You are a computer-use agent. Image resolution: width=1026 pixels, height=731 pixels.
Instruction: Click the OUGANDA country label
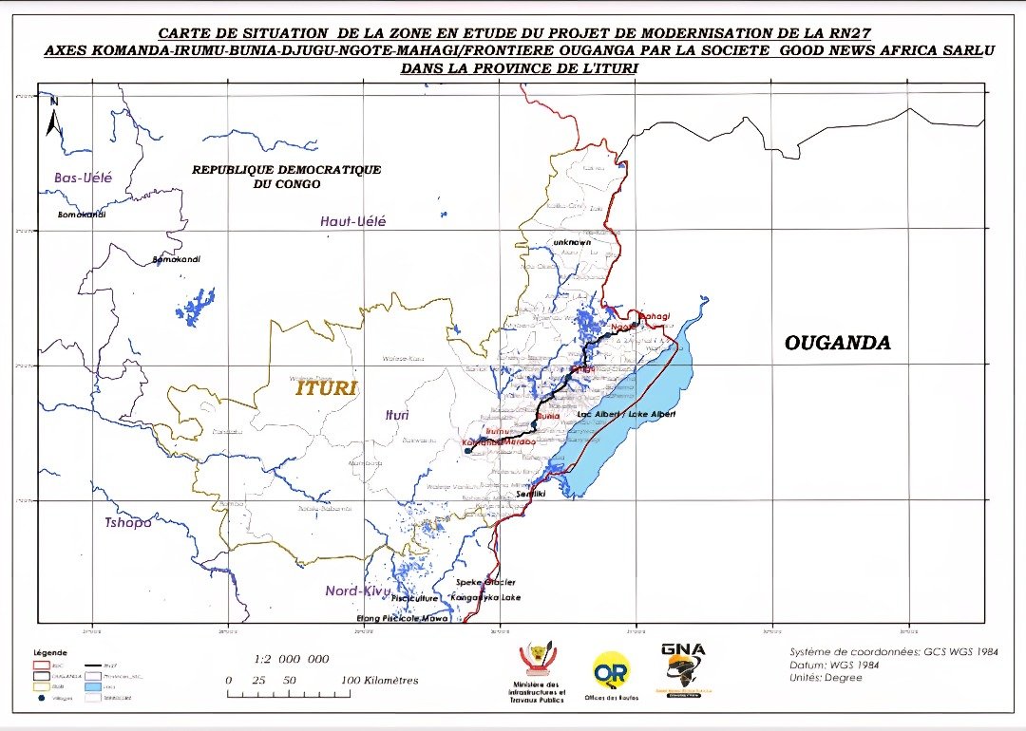click(x=837, y=343)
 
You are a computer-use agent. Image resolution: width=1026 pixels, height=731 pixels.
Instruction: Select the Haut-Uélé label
click(x=353, y=221)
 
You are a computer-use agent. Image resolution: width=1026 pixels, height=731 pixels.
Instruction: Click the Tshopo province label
click(x=128, y=522)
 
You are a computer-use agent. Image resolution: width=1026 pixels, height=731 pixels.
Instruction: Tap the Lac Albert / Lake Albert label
click(x=626, y=415)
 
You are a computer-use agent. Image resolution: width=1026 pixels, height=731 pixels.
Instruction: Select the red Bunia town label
click(x=548, y=416)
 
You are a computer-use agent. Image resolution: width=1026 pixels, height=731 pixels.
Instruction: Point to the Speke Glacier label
click(x=486, y=581)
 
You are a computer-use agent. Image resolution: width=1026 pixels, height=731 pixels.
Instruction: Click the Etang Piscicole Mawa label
click(x=402, y=618)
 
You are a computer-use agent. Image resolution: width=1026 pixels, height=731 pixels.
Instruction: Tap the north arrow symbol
click(x=54, y=117)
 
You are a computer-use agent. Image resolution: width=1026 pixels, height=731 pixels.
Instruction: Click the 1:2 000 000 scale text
click(x=292, y=659)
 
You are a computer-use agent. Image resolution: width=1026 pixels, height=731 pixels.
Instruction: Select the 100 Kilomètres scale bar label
click(x=380, y=681)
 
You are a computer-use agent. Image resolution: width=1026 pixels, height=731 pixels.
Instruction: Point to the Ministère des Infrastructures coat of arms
click(x=539, y=660)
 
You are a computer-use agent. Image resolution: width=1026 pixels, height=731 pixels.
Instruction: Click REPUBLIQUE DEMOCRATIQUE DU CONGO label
click(x=286, y=177)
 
